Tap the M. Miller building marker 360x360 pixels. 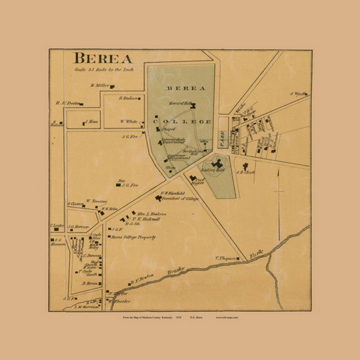pyautogui.click(x=112, y=86)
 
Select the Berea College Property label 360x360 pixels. pyautogui.click(x=133, y=237)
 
